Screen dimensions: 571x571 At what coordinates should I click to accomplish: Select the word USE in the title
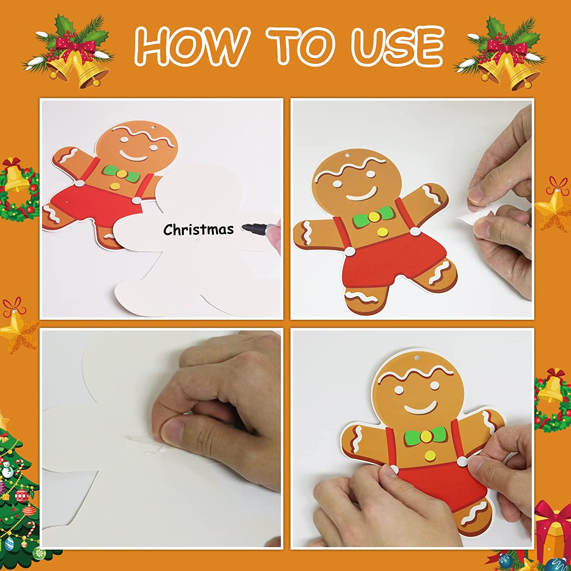(397, 46)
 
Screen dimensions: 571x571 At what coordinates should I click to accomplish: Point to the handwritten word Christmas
(198, 229)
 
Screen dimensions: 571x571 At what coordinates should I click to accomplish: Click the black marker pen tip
(246, 228)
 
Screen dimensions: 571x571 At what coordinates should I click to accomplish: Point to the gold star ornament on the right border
(554, 206)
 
